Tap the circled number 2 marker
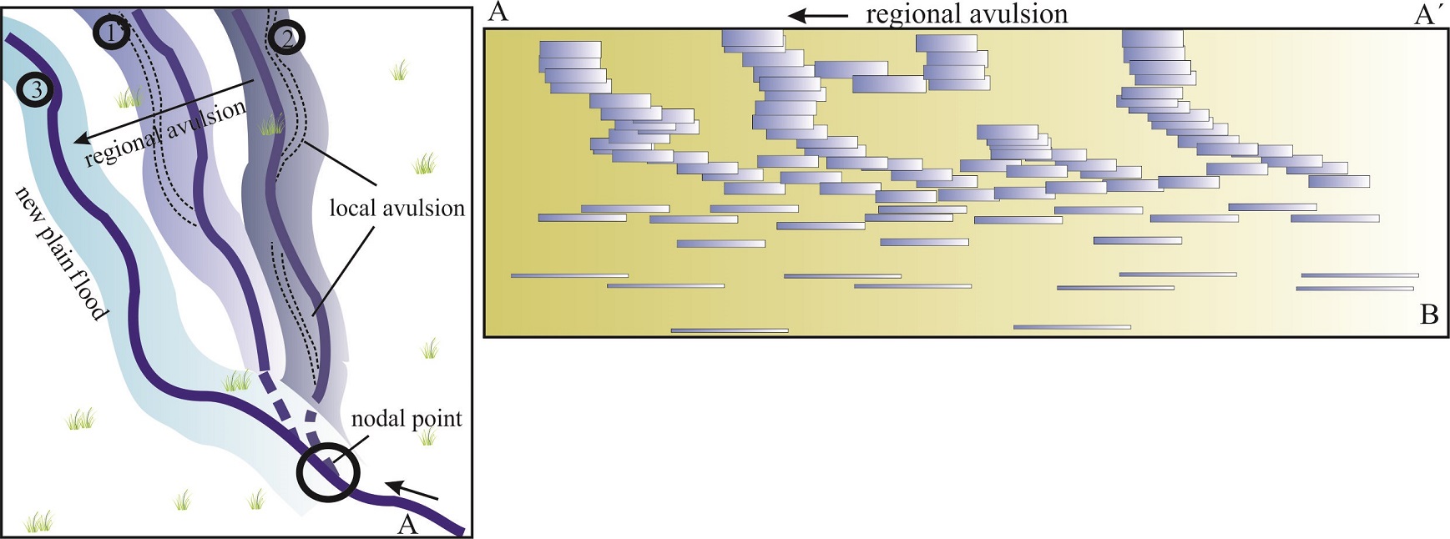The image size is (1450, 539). click(x=286, y=37)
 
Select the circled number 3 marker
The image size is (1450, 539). click(x=35, y=90)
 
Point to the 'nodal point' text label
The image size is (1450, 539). click(x=407, y=419)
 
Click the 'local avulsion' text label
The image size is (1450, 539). click(x=397, y=208)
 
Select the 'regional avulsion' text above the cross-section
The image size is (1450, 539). click(x=967, y=14)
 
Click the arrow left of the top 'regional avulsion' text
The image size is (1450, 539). click(x=818, y=15)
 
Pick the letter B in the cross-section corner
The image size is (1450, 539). click(x=1428, y=315)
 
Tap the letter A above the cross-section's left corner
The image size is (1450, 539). click(x=498, y=12)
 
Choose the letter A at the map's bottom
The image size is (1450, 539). click(x=407, y=524)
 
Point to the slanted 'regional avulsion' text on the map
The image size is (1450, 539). click(x=166, y=133)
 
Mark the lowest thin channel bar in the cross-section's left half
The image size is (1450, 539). click(x=730, y=330)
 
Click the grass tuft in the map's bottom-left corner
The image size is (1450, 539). click(x=38, y=521)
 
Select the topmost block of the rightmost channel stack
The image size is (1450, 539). click(x=1152, y=38)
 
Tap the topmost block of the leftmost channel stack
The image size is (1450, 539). click(x=570, y=48)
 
